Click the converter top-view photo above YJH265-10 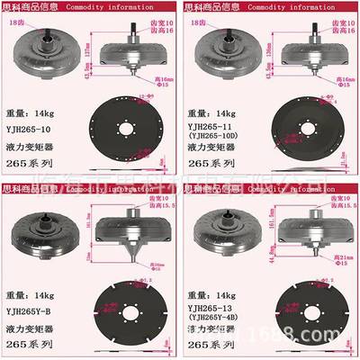point(44,53)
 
